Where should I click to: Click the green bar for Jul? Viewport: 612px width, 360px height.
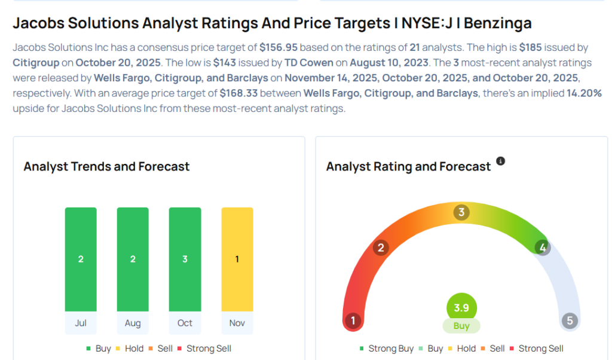tap(81, 259)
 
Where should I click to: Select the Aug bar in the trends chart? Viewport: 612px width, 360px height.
tap(133, 259)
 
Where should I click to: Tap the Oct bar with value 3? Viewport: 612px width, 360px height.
tap(185, 259)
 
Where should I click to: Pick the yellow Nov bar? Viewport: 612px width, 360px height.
tap(237, 259)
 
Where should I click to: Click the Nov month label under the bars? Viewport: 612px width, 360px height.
tap(237, 323)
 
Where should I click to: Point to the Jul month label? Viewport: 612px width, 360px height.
tap(81, 323)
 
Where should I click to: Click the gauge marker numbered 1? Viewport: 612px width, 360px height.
tap(353, 321)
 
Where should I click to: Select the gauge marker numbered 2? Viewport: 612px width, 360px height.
tap(381, 248)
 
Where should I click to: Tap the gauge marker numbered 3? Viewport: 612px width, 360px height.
tap(461, 212)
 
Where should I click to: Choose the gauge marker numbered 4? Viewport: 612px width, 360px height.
tap(543, 248)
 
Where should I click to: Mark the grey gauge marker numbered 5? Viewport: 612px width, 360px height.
tap(570, 321)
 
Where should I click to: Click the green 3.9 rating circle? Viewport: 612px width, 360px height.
tap(461, 307)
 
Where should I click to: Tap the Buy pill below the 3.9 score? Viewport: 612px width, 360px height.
tap(461, 326)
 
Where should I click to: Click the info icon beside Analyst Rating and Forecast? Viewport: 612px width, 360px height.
tap(501, 161)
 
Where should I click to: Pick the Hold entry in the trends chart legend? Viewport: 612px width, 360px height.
tap(133, 349)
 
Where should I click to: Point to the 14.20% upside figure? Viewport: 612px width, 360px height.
tap(585, 93)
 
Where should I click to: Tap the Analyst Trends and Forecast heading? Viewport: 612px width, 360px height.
tap(106, 167)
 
